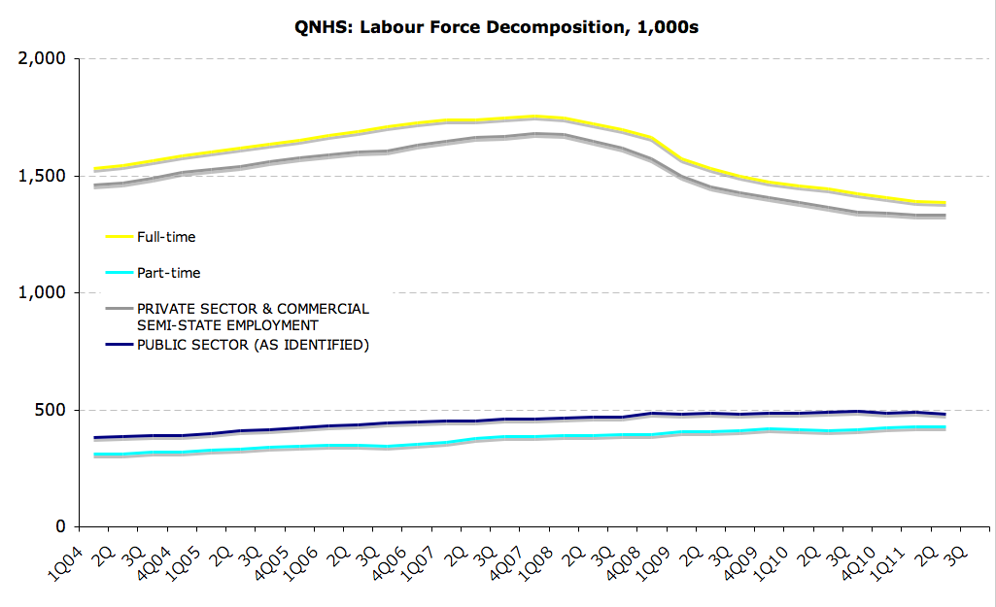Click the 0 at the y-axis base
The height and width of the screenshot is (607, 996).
point(59,526)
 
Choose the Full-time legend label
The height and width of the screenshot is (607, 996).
point(166,236)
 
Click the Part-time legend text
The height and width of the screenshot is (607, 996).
point(168,273)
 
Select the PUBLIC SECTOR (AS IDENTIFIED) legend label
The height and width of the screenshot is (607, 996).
point(253,344)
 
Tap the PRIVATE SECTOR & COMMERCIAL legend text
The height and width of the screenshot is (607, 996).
point(253,308)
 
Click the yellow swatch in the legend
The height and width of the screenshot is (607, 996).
point(119,236)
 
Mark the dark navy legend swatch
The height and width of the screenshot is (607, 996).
point(119,344)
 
